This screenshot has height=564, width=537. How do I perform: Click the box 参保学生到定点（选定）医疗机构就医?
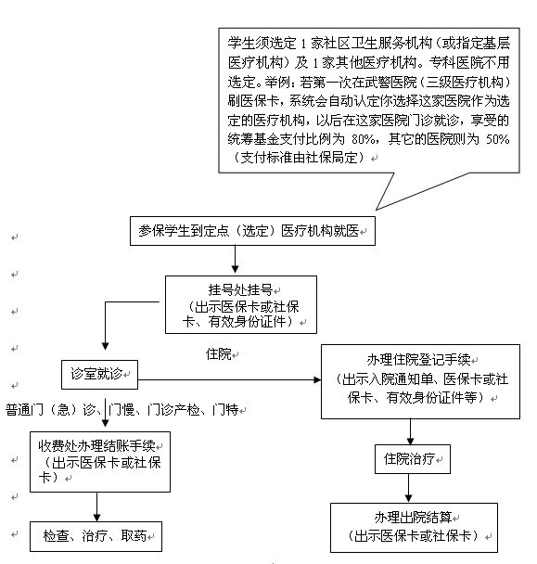coord(252,231)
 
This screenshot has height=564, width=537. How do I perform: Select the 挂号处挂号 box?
coord(241,304)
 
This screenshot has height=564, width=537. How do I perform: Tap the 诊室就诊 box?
coord(99,375)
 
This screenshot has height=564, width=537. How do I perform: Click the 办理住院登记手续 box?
coord(420,381)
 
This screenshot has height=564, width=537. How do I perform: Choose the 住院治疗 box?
coord(413,459)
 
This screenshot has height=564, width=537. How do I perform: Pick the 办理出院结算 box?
coord(414,528)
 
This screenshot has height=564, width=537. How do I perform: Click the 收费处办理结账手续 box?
coord(100,462)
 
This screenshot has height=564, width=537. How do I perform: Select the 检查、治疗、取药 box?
coord(96,536)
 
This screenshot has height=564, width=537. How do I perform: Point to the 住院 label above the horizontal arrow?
coord(218,354)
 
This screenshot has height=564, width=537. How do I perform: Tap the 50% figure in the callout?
coord(497,139)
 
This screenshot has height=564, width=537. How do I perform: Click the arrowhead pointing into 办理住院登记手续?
coord(317,379)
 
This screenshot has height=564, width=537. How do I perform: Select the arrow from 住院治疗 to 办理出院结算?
coord(408,488)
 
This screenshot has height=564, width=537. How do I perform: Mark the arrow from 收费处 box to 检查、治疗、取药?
coord(96,506)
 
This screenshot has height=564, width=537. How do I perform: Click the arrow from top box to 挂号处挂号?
coord(235,260)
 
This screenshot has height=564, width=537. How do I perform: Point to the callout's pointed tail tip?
coord(377,210)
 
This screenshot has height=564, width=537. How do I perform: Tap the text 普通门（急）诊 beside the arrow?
coord(50,410)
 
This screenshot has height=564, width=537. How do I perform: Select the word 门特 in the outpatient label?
coord(225,410)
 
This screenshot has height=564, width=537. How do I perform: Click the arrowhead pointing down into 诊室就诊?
coord(105,346)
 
